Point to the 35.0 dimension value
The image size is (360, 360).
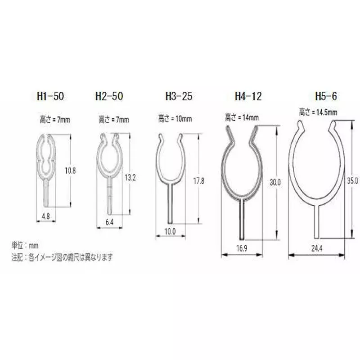pyautogui.click(x=353, y=180)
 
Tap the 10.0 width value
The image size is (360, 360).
pyautogui.click(x=170, y=232)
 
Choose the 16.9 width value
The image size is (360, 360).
pyautogui.click(x=242, y=249)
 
